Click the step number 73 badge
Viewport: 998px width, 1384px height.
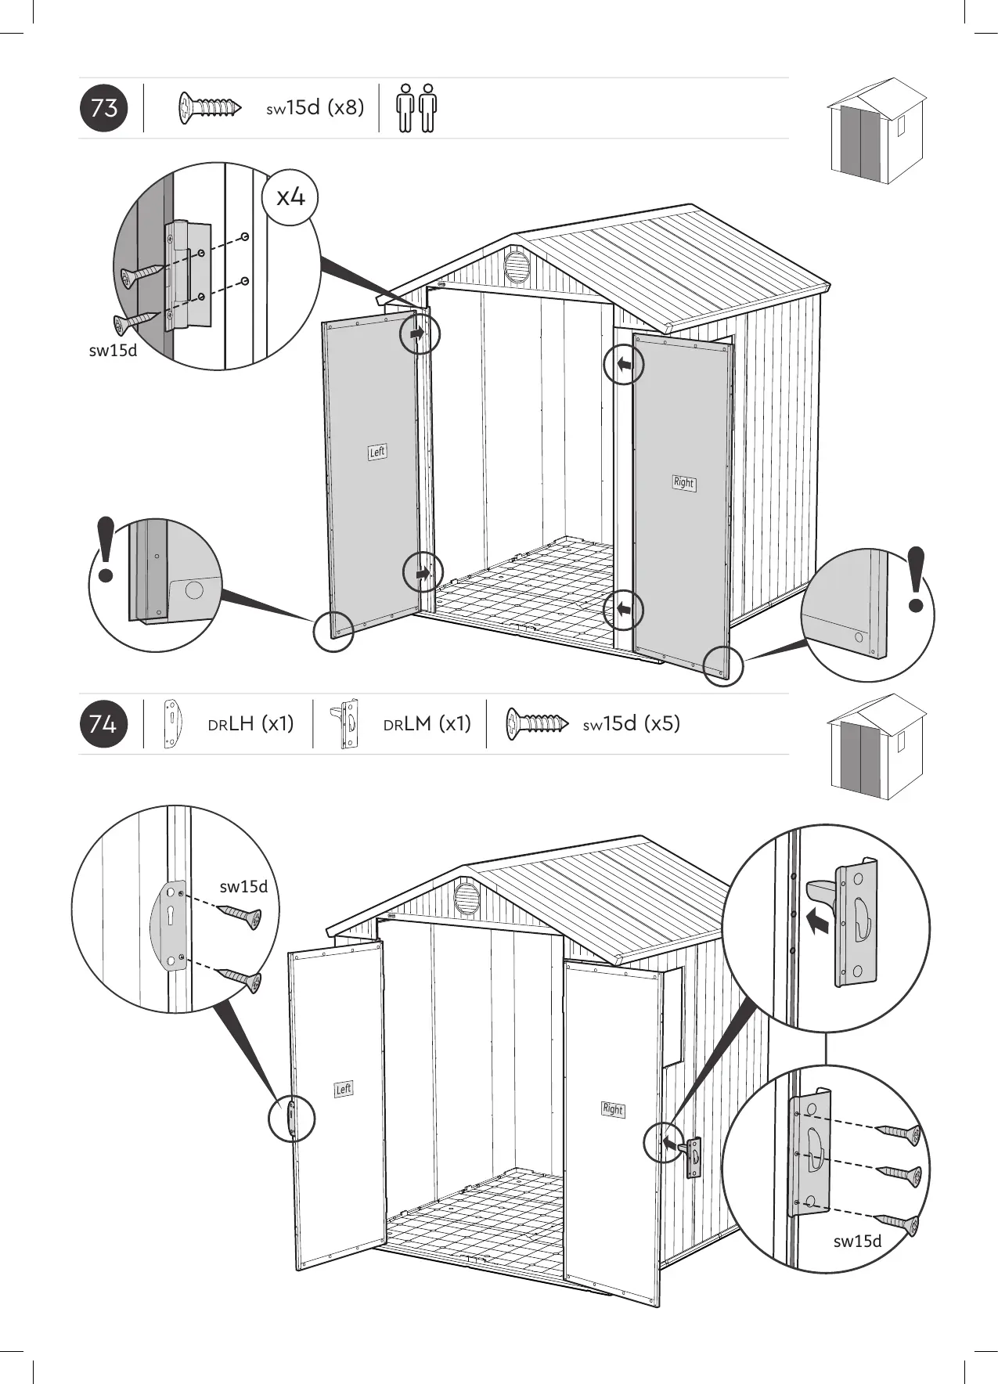pos(103,107)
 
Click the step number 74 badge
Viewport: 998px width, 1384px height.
pos(103,724)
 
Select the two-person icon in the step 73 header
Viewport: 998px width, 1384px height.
pos(416,108)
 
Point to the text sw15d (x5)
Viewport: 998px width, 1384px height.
pos(632,723)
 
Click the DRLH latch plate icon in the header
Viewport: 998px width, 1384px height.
pos(171,724)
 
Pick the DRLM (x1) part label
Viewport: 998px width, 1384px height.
pos(427,724)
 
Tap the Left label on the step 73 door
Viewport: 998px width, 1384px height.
pos(377,452)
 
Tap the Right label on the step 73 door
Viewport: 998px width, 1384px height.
pos(683,482)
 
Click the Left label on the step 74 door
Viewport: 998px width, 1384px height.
pos(344,1089)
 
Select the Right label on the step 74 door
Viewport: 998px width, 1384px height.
pos(613,1109)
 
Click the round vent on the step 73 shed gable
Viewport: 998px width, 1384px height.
pos(517,266)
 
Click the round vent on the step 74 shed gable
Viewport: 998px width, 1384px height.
pos(467,896)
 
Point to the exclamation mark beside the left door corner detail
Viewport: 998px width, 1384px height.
pos(106,550)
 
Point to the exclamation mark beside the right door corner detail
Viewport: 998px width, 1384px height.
pos(917,579)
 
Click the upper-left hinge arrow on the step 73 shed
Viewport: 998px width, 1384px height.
pos(418,333)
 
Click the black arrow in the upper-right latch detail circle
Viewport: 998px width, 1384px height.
pos(817,923)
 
